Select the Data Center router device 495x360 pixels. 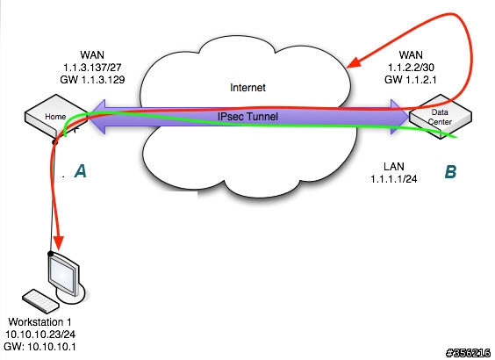(x=441, y=116)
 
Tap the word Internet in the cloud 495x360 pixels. (x=247, y=88)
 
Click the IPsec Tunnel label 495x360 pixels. (x=247, y=117)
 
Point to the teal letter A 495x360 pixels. (x=81, y=171)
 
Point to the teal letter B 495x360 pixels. (x=450, y=172)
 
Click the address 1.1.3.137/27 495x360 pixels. (x=92, y=68)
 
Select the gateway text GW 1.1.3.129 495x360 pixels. (x=92, y=80)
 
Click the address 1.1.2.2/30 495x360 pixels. (x=411, y=68)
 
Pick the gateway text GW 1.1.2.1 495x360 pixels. (x=411, y=80)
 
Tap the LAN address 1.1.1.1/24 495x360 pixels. (x=394, y=179)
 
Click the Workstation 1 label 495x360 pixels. (x=39, y=322)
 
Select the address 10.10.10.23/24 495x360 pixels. (x=40, y=335)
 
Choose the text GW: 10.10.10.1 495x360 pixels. (x=39, y=347)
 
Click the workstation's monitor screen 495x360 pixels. (x=63, y=275)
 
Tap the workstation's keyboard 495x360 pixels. (x=40, y=301)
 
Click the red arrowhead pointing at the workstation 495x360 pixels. (x=58, y=243)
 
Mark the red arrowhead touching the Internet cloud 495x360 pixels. (x=354, y=62)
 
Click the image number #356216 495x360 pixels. (x=469, y=353)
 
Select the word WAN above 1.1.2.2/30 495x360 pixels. (x=411, y=55)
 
